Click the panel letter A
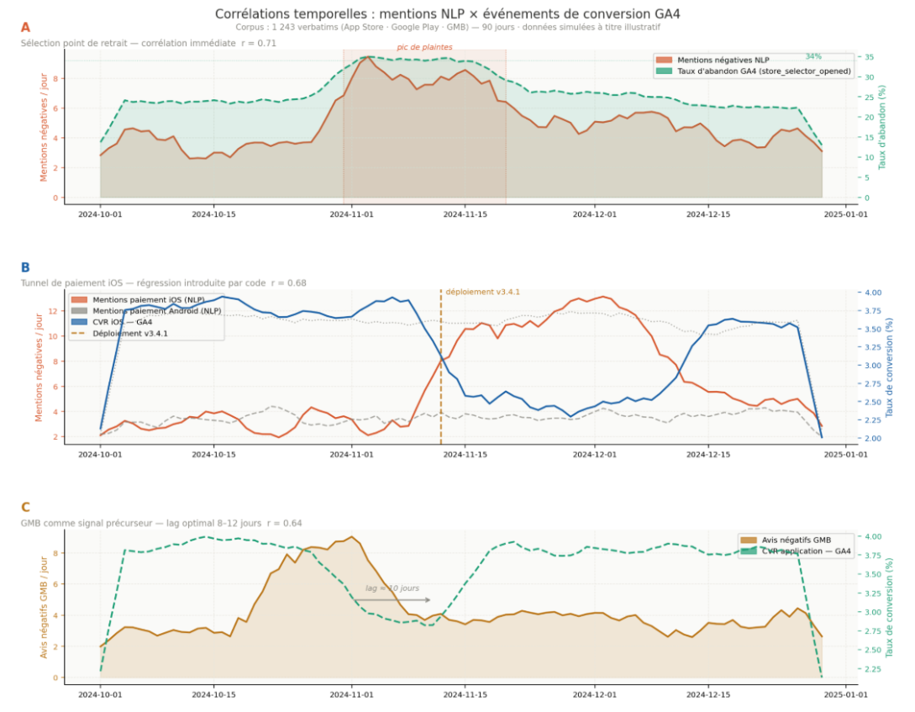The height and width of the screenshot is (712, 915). tap(25, 28)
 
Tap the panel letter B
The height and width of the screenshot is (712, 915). tap(25, 268)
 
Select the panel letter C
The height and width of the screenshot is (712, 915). tap(25, 507)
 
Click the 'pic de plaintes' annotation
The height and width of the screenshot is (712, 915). tap(424, 47)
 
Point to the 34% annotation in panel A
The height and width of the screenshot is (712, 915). tap(813, 56)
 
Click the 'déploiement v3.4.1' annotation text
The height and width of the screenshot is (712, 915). tap(483, 292)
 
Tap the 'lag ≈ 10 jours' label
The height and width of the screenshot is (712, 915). tap(392, 588)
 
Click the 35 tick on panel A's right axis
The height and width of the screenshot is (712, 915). tap(870, 58)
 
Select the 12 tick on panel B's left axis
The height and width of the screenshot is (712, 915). tap(53, 311)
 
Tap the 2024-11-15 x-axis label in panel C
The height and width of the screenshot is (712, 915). tap(465, 694)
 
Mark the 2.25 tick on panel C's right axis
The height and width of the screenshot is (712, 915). tap(875, 670)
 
